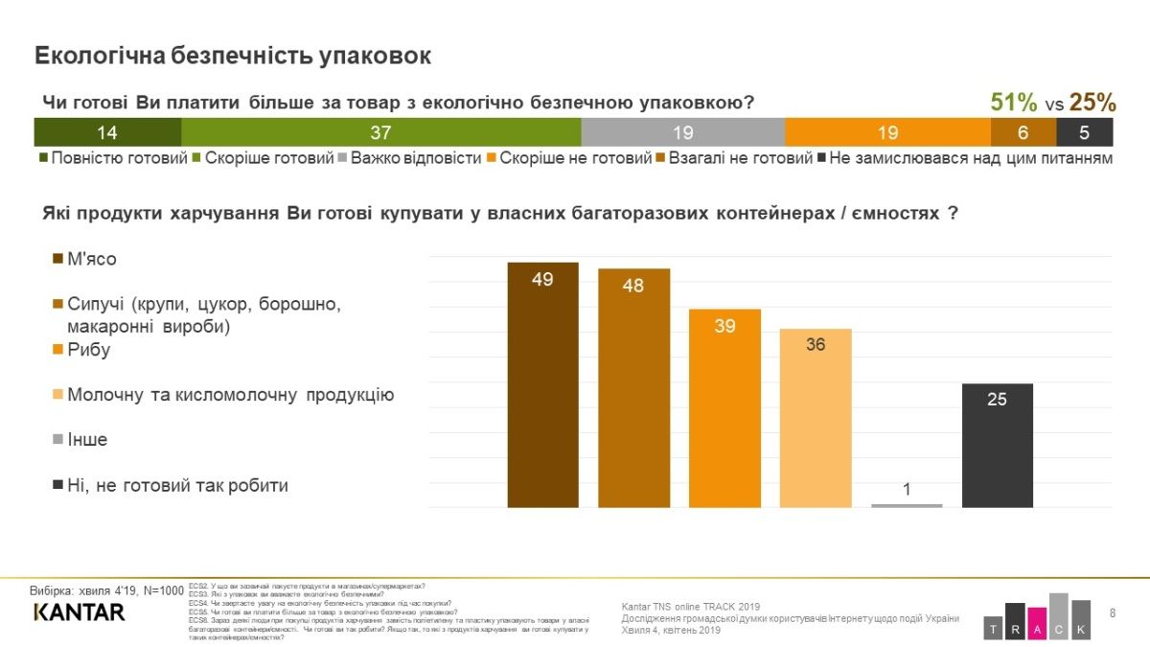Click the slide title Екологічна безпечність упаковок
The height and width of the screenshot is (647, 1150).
point(233,56)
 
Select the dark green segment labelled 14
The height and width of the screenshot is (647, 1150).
point(107,132)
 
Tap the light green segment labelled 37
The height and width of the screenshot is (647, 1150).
point(380,132)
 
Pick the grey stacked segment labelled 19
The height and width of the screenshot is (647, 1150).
point(682,132)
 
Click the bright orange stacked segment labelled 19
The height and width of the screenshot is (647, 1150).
point(886,132)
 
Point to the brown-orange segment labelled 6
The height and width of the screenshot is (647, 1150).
point(1023,132)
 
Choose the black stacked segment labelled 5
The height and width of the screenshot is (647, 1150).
point(1084,132)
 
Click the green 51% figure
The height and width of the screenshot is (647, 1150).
point(1013,103)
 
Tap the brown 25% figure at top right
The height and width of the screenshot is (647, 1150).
point(1092,103)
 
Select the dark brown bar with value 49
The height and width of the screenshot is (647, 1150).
point(542,384)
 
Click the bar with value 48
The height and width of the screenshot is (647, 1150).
point(633,388)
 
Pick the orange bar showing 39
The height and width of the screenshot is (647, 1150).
point(724,407)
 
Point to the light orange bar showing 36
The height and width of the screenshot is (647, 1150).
point(816,418)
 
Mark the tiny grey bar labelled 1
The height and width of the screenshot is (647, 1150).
point(907,504)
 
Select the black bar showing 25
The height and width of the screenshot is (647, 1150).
point(997,445)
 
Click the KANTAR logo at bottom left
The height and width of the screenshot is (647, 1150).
point(79,612)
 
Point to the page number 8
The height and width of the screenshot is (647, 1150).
point(1113,612)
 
